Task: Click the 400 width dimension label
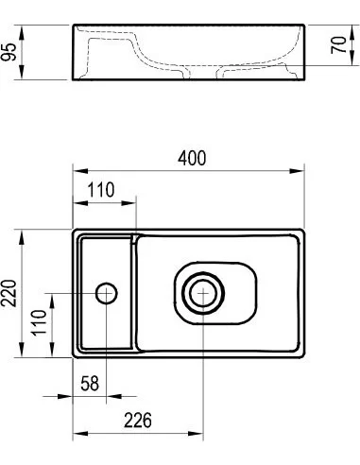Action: [x=192, y=159]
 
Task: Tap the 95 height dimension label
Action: [x=9, y=52]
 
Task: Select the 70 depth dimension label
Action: [x=338, y=45]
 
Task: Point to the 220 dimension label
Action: [x=9, y=293]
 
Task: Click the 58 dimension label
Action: [x=90, y=384]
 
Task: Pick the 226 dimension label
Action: [x=138, y=421]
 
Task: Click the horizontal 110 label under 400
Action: [x=101, y=190]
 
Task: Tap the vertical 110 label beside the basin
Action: [x=40, y=323]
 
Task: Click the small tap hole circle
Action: [x=107, y=293]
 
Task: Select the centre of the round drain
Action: [x=203, y=293]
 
